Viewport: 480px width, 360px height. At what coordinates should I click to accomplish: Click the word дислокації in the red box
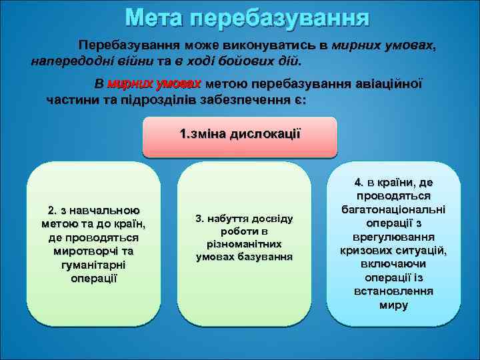265,133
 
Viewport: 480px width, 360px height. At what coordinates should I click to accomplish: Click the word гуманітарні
93,265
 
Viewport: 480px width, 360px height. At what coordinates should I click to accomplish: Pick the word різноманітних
245,244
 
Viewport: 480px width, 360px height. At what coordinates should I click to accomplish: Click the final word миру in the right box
393,305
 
